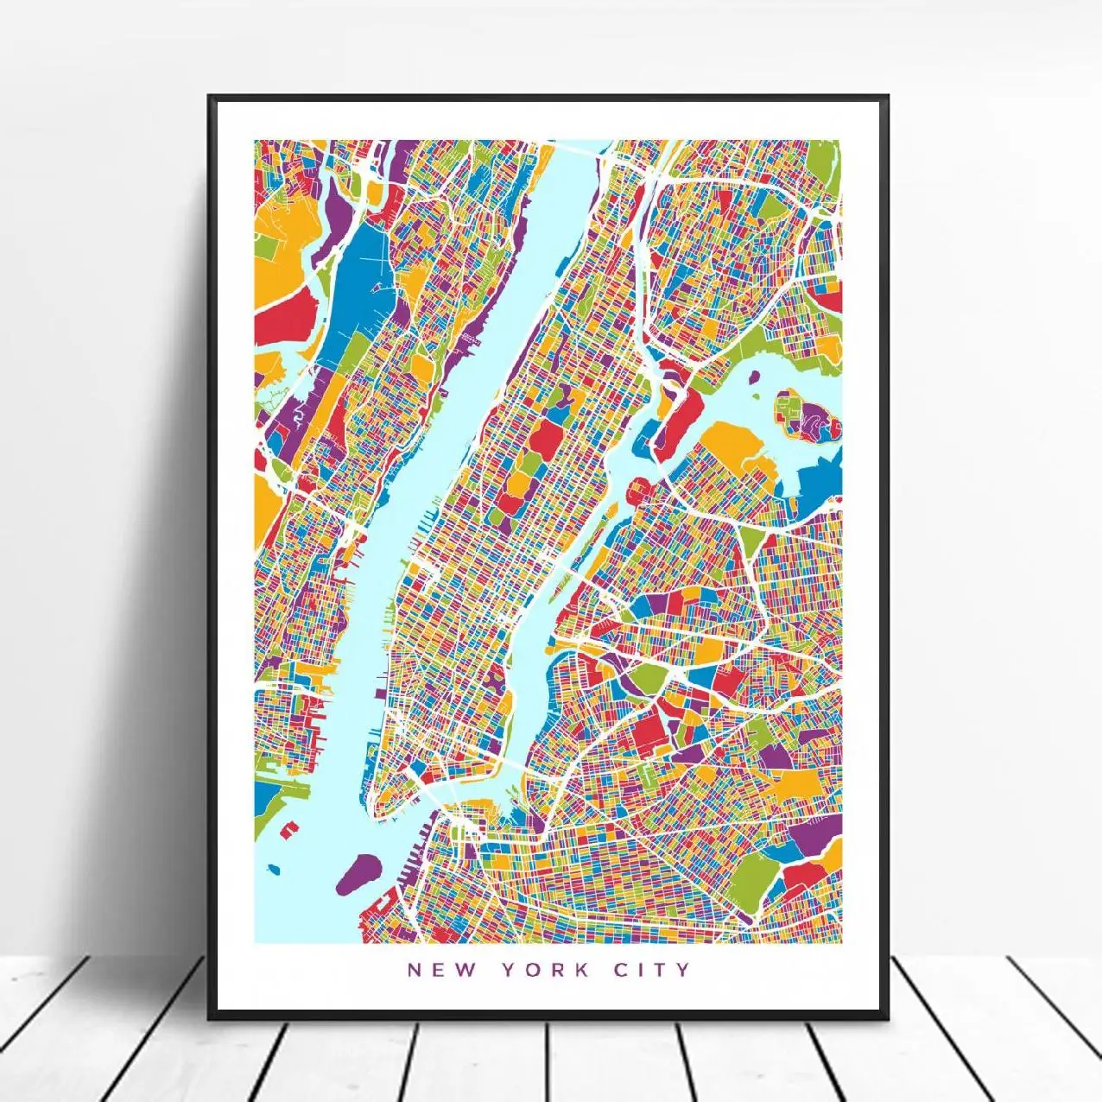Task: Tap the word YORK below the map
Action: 545,969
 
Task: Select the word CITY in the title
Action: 653,969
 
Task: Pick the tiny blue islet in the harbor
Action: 275,868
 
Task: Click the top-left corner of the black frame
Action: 210,97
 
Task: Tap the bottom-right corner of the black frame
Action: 887,1016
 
